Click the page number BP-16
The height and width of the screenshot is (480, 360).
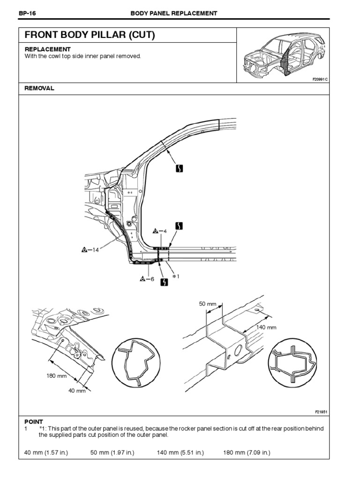coord(27,13)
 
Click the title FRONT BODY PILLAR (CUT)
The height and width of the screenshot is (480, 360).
coord(90,35)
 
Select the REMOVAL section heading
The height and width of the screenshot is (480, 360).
coord(39,88)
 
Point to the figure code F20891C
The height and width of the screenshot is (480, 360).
coord(321,79)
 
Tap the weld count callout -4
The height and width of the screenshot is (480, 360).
coord(160,231)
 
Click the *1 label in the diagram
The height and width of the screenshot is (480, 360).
coord(176,277)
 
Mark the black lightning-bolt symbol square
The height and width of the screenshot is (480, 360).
coord(164,282)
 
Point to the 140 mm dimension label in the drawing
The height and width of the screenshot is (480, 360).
coord(265,327)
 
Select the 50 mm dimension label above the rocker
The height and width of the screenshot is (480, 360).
coord(208,304)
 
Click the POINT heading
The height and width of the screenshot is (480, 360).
coord(33,421)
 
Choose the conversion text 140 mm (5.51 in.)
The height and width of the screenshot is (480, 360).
coord(180,452)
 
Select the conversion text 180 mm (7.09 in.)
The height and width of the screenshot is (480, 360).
coord(247,452)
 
